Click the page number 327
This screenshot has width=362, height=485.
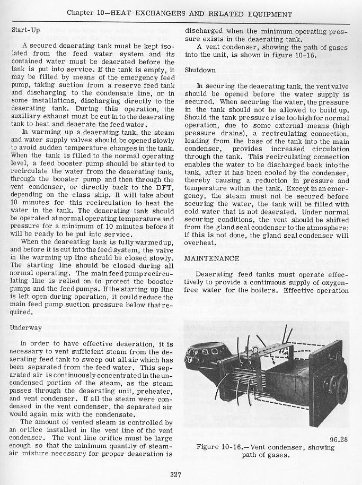click(x=176, y=474)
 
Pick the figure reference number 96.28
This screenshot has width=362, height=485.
click(x=338, y=439)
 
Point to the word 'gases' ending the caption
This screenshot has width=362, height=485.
click(x=278, y=455)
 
